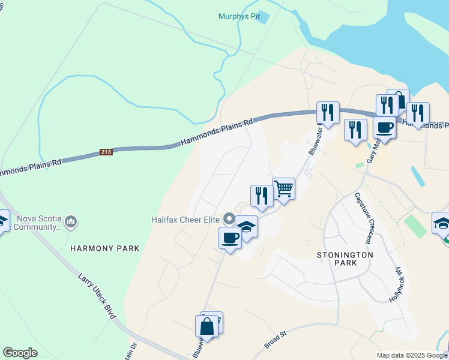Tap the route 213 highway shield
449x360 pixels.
point(106,152)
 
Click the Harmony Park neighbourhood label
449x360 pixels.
point(104,248)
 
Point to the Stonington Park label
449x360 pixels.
point(345,259)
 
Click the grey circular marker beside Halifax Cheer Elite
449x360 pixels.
point(228,218)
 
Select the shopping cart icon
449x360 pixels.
point(283,189)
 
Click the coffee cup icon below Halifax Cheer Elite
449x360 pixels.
point(231,238)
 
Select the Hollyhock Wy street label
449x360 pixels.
point(397,284)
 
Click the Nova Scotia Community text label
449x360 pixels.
point(39,223)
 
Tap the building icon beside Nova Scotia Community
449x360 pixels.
point(71,223)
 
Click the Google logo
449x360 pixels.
point(20,353)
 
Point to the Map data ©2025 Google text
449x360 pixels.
point(412,355)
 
